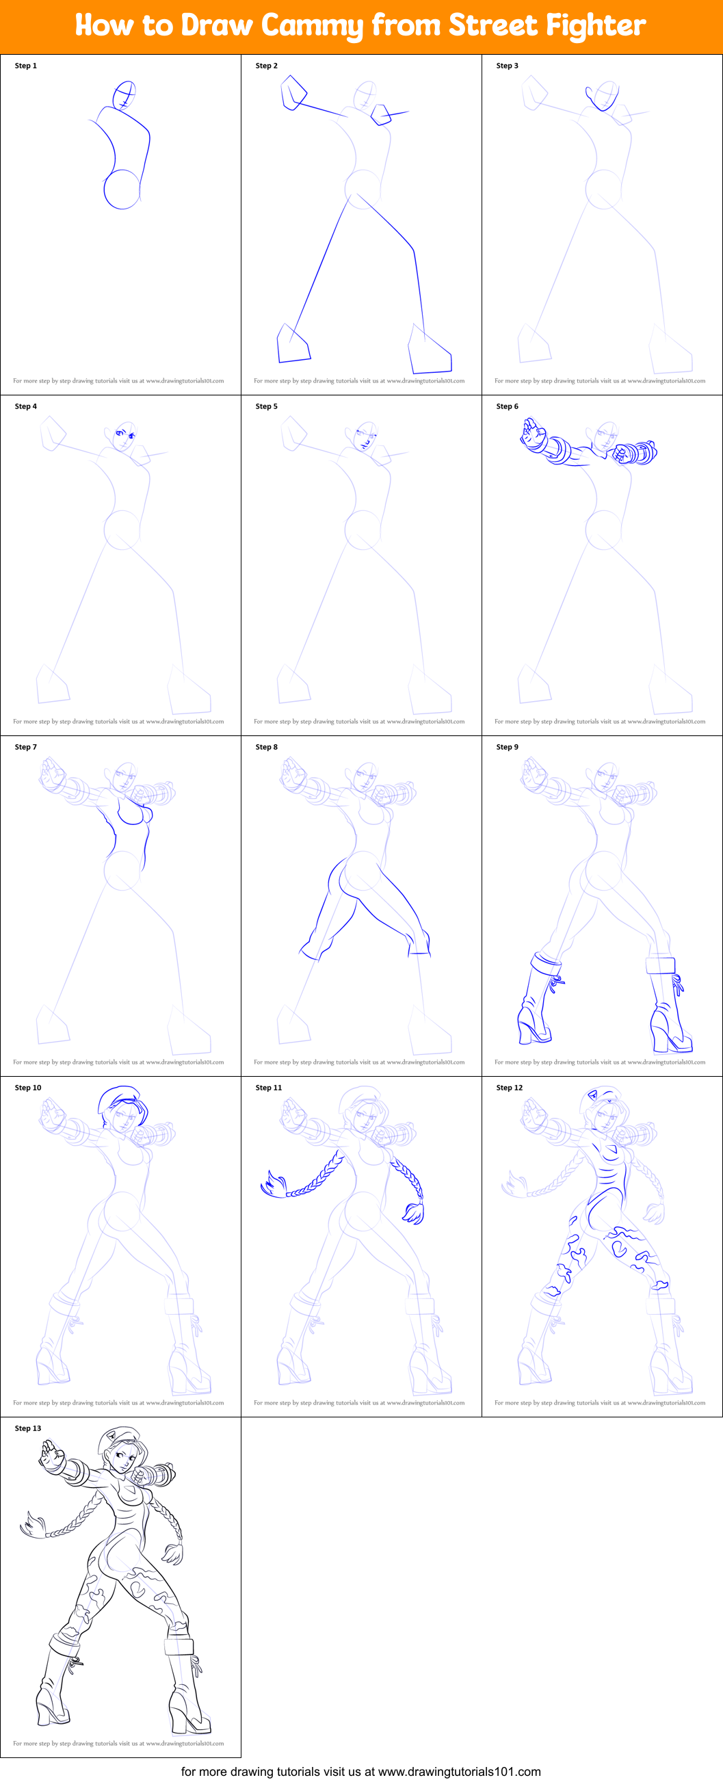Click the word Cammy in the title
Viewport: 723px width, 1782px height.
tap(313, 25)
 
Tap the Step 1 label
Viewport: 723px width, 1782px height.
tap(25, 66)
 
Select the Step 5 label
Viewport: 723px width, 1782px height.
tap(266, 406)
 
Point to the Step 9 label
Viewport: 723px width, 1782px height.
tap(507, 747)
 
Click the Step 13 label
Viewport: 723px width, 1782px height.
tap(27, 1428)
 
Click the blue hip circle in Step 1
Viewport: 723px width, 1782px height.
tap(122, 189)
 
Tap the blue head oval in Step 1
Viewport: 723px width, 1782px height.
tap(124, 94)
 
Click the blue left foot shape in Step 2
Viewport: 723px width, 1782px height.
tap(293, 345)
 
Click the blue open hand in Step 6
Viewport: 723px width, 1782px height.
tap(533, 434)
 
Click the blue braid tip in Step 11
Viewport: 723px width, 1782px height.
tap(272, 1183)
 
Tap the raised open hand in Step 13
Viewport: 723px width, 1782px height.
tap(50, 1456)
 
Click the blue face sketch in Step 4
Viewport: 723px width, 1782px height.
tap(125, 436)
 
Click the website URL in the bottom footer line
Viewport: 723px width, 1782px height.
tap(459, 1771)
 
